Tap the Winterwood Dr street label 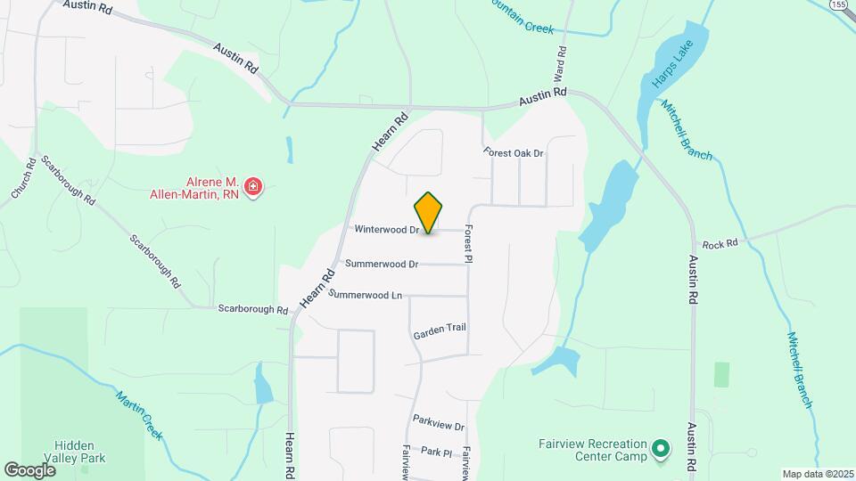tap(387, 230)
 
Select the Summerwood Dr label tap(382, 264)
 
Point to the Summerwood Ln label tap(366, 294)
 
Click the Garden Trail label tap(440, 330)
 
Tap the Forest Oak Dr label tap(514, 153)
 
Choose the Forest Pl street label tap(468, 243)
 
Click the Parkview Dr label tap(439, 422)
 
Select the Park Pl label tap(437, 452)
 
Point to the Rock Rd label tap(720, 244)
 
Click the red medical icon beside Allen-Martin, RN tap(253, 187)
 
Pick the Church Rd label tap(23, 178)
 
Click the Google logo tap(29, 469)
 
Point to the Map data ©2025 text tap(817, 473)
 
